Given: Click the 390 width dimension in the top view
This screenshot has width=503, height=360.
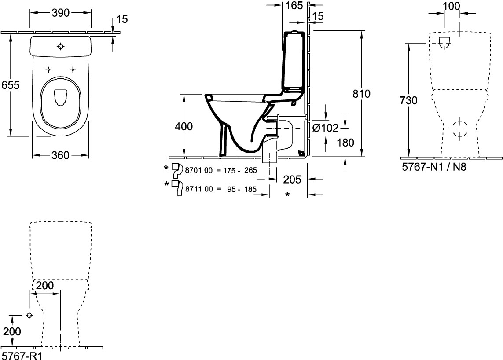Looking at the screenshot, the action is [61, 13].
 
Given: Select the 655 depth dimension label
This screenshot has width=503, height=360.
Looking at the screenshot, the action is [11, 85].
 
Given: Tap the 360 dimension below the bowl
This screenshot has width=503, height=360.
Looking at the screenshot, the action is [61, 155].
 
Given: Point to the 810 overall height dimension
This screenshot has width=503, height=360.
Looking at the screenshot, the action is [362, 94].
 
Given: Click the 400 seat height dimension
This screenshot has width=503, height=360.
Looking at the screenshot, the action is [184, 126].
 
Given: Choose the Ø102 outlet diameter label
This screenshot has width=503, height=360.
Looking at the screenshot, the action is [325, 128].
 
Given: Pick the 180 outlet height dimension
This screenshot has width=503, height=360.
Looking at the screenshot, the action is [345, 143].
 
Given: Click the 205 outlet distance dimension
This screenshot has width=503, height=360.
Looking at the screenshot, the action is [292, 180].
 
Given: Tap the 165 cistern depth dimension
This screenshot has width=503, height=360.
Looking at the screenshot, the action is [294, 5].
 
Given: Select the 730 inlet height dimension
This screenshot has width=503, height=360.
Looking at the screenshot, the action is [409, 100].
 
